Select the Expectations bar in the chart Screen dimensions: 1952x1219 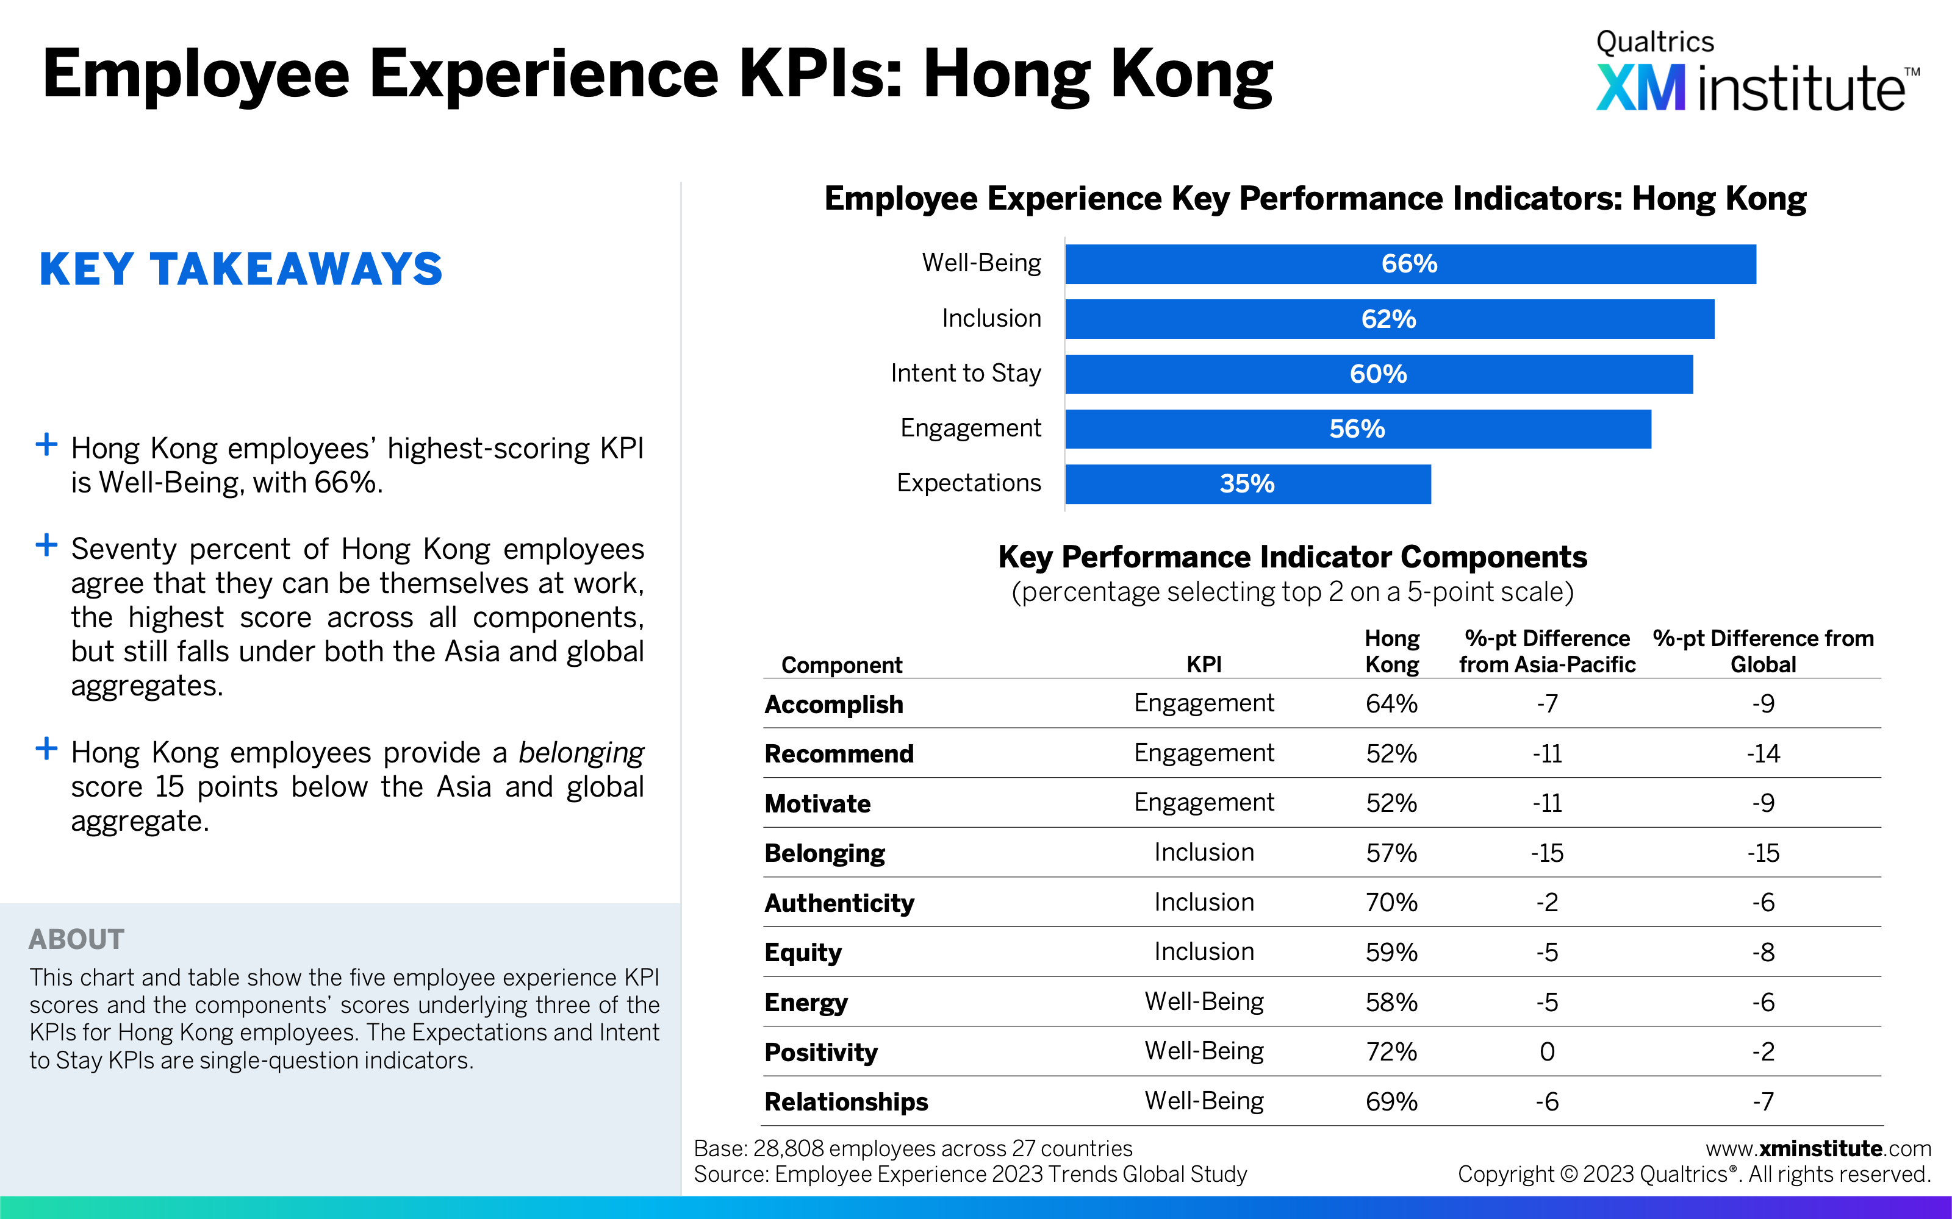pos(1248,484)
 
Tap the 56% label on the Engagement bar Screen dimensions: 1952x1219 pos(1357,429)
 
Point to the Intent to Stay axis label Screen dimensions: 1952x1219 pos(966,373)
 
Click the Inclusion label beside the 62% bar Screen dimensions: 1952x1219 pos(991,318)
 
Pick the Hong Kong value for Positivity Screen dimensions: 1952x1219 pos(1391,1051)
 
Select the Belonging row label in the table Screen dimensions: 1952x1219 pos(824,853)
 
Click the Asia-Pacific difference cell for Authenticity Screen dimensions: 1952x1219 pos(1547,902)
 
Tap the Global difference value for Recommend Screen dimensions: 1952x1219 pos(1764,754)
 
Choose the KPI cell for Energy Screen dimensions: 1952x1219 pos(1204,1001)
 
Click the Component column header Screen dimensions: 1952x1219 pos(841,665)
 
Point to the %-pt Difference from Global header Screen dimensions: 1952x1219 pos(1764,652)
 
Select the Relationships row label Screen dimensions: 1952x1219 pos(846,1102)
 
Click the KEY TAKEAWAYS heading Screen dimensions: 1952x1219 pos(241,269)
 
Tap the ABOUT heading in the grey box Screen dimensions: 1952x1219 pos(77,939)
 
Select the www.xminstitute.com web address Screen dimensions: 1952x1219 pos(1818,1149)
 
